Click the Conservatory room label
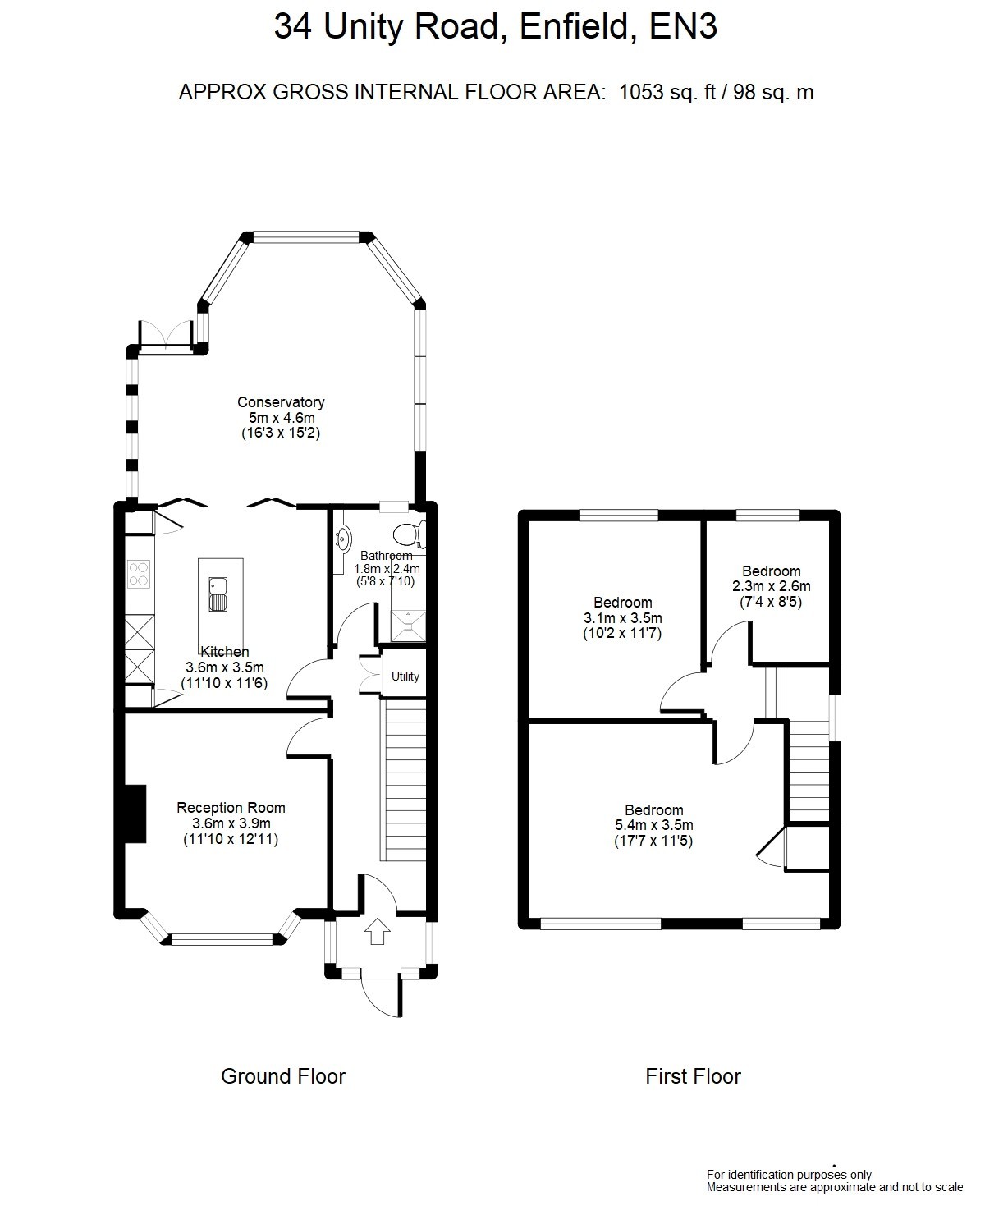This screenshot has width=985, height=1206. [281, 402]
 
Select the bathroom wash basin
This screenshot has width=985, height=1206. [343, 538]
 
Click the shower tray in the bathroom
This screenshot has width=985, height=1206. [408, 626]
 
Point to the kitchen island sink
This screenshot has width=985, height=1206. [218, 594]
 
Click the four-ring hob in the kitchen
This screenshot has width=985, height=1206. [139, 574]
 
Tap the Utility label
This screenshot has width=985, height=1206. [405, 676]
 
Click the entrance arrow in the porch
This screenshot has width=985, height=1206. [378, 932]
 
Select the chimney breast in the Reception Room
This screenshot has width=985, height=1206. [135, 814]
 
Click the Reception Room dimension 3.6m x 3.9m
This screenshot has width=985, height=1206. [231, 823]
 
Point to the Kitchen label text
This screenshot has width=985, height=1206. [225, 651]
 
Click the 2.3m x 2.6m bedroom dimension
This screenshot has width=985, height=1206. [772, 586]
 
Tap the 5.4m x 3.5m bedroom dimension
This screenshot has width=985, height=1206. [654, 825]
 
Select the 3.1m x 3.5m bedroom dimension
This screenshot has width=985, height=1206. [622, 617]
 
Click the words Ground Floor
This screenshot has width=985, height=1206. [283, 1076]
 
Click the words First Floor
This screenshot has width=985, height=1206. [693, 1076]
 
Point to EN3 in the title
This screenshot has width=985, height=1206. [683, 25]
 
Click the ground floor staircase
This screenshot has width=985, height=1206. [404, 780]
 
